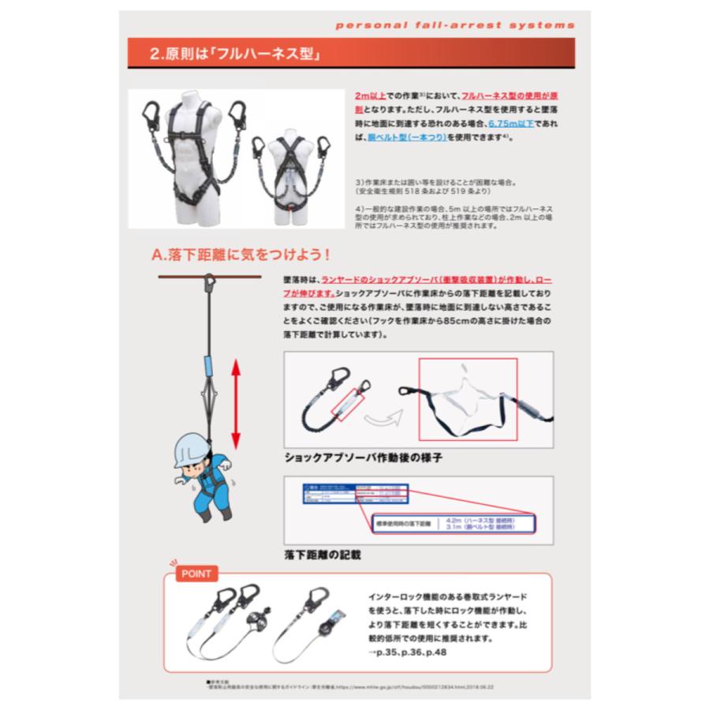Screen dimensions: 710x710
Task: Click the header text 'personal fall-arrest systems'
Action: point(455,24)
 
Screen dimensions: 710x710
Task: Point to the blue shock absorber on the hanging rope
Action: point(208,368)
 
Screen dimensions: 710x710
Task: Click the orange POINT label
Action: point(196,574)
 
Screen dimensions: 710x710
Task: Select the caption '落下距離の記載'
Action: point(323,555)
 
